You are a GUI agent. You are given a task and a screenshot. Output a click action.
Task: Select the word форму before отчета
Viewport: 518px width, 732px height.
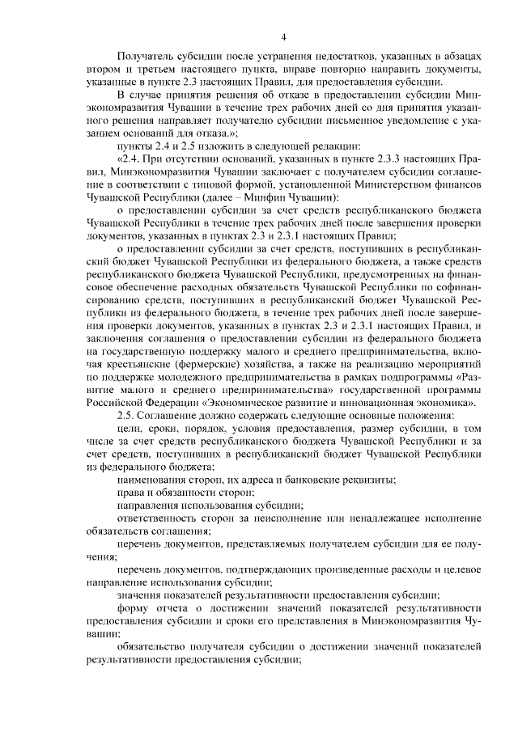pyautogui.click(x=134, y=608)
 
